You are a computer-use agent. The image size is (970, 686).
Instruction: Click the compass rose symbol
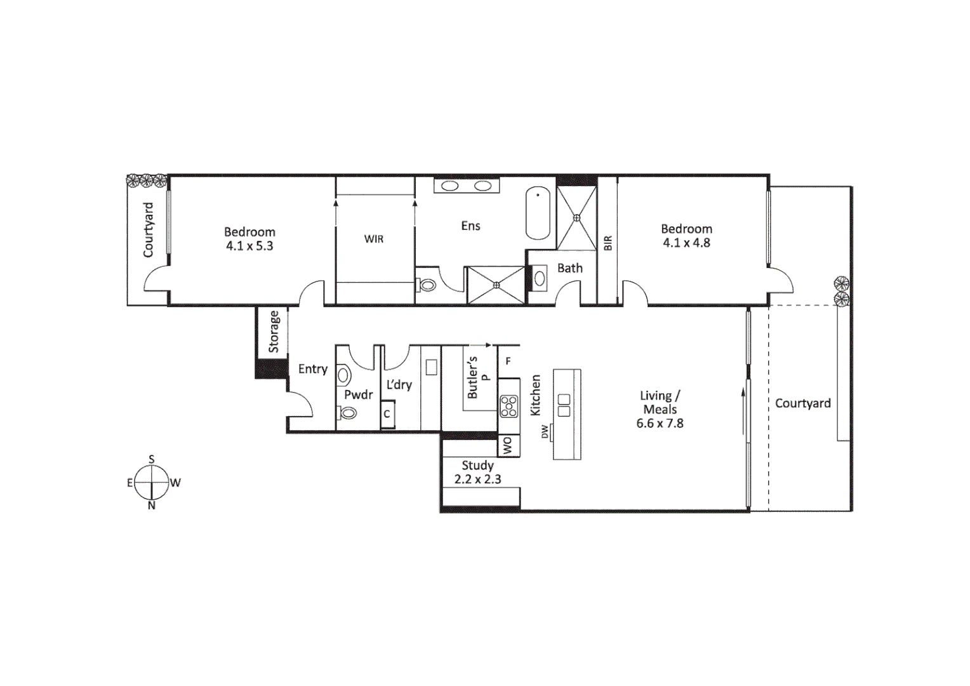(x=152, y=482)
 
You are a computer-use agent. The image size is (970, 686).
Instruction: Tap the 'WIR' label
(x=374, y=239)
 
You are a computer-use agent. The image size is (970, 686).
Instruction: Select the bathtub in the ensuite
(x=538, y=213)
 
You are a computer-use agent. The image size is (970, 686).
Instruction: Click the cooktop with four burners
(x=508, y=406)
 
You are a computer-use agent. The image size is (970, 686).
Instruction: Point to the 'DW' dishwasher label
(x=545, y=432)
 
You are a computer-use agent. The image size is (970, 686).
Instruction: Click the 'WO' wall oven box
(x=508, y=446)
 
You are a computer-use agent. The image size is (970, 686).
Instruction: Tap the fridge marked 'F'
(x=508, y=361)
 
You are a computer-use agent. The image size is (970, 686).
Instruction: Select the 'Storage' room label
(x=274, y=331)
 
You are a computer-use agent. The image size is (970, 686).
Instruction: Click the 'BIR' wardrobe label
(x=608, y=243)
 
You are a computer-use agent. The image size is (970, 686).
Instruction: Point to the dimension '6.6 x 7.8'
(x=660, y=424)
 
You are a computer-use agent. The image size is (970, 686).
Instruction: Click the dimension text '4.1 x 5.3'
(x=249, y=246)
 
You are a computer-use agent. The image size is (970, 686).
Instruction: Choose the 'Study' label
(x=477, y=465)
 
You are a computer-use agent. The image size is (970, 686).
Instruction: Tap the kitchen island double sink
(x=563, y=405)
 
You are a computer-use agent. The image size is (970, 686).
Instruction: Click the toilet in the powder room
(x=348, y=413)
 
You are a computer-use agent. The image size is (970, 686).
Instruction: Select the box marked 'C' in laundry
(x=387, y=414)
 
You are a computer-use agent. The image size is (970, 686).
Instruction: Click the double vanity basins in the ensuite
(x=467, y=185)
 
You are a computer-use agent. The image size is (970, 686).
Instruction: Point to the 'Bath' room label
(x=569, y=268)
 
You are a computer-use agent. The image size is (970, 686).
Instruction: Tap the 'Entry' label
(x=312, y=369)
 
